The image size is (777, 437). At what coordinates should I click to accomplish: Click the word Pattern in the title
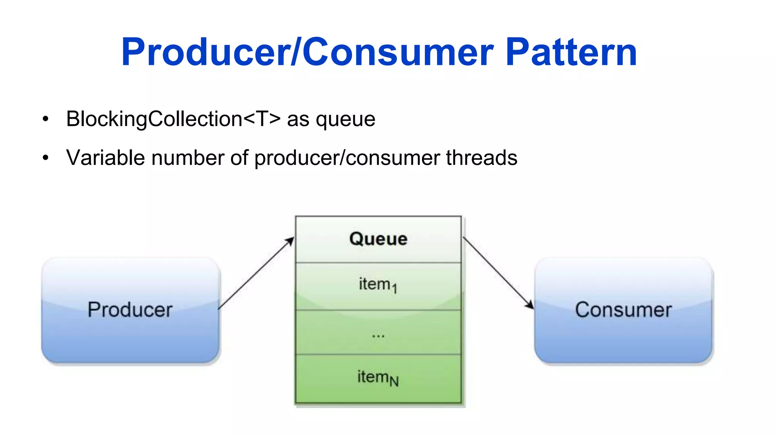[571, 52]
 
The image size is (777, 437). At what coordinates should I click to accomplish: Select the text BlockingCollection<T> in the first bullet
[173, 119]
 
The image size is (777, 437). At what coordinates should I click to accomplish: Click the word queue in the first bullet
[345, 120]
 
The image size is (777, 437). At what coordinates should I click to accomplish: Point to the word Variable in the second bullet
[105, 157]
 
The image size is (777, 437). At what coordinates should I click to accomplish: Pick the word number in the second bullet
[187, 157]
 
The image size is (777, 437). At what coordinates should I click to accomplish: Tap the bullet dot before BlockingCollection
[46, 119]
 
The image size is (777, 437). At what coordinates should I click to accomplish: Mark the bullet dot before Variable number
[46, 158]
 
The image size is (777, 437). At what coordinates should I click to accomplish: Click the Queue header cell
[378, 239]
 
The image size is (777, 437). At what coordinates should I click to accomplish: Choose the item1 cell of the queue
[378, 285]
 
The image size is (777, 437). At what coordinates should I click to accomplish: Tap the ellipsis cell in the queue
[378, 333]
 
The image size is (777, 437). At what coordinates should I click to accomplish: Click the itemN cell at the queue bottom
[378, 378]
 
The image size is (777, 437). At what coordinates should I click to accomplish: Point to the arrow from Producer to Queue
[256, 274]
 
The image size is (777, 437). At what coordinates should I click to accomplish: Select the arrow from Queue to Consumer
[498, 273]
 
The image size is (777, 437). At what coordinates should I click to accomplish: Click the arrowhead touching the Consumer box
[530, 305]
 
